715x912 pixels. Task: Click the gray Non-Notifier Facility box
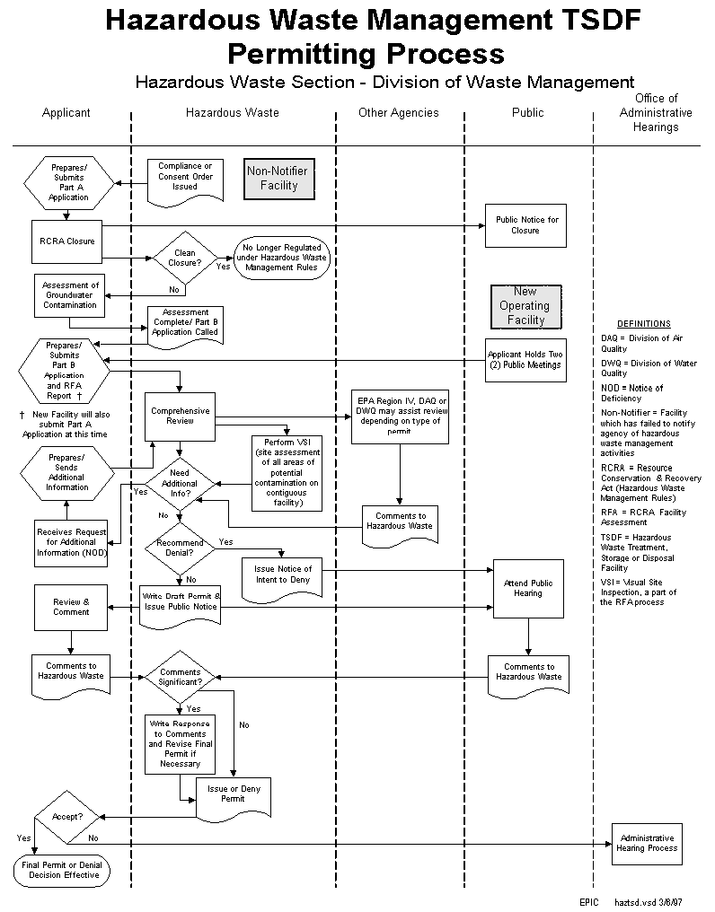pos(278,178)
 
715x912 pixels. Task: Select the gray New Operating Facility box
pos(525,306)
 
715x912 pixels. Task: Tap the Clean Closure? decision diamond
pos(184,259)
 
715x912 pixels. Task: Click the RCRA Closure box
pos(67,241)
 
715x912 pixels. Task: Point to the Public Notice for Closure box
pos(525,225)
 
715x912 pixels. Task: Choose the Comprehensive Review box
pos(181,416)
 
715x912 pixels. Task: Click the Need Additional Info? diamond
pos(181,484)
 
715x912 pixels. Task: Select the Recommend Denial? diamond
pos(181,548)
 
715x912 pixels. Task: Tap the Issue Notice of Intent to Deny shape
pos(282,575)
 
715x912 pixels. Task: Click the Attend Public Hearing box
pos(528,589)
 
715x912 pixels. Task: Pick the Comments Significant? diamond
pos(181,677)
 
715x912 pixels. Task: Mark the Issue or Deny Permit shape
pos(233,795)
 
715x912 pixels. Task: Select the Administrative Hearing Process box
pos(647,843)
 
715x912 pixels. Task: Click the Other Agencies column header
pos(398,113)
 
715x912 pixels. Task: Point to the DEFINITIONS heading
pos(643,324)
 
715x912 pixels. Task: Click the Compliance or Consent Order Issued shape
pos(185,178)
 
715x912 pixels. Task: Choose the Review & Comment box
pos(71,608)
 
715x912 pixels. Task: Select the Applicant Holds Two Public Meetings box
pos(525,360)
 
